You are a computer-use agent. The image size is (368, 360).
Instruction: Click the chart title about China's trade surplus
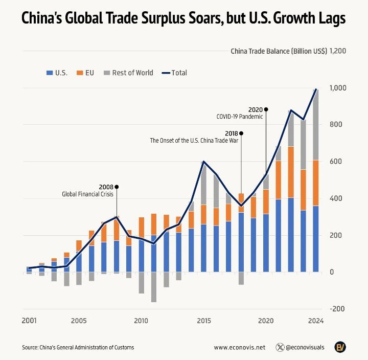point(183,19)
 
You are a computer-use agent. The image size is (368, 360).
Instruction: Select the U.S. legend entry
point(56,73)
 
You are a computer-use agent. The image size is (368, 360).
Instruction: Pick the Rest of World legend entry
point(128,73)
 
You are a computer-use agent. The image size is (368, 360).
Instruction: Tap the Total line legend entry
point(174,73)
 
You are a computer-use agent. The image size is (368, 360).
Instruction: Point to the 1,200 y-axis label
point(338,51)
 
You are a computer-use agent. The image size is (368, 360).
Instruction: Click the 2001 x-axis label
point(29,321)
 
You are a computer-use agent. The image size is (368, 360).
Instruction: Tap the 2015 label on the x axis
point(204,321)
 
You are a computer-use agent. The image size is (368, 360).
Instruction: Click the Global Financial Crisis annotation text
point(88,194)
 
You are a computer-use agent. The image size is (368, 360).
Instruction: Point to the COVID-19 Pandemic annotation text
point(239,117)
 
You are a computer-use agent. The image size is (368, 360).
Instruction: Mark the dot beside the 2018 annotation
point(241,133)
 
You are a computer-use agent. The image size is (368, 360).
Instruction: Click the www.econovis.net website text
point(240,347)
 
